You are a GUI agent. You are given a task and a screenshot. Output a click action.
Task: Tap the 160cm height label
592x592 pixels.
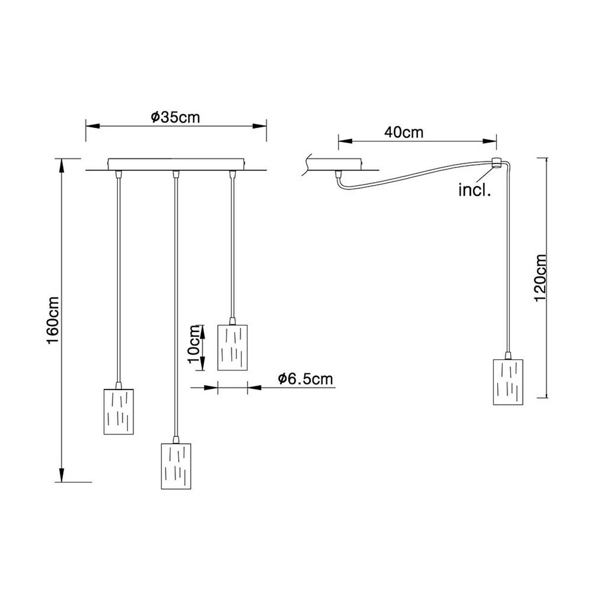[x=53, y=321]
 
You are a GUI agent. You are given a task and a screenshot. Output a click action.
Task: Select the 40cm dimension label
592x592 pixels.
[x=404, y=133]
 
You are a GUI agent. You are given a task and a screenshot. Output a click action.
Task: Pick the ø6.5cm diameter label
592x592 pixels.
[x=305, y=379]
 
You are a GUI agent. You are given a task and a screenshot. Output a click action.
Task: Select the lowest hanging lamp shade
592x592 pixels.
[x=176, y=466]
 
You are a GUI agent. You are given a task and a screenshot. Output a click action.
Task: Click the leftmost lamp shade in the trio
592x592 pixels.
[x=118, y=411]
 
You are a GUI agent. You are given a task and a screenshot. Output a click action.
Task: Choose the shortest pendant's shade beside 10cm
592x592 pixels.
[x=232, y=346]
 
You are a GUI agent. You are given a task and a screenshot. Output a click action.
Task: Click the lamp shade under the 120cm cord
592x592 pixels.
[x=507, y=382]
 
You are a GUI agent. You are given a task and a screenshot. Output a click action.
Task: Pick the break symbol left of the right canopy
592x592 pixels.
[x=306, y=165]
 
